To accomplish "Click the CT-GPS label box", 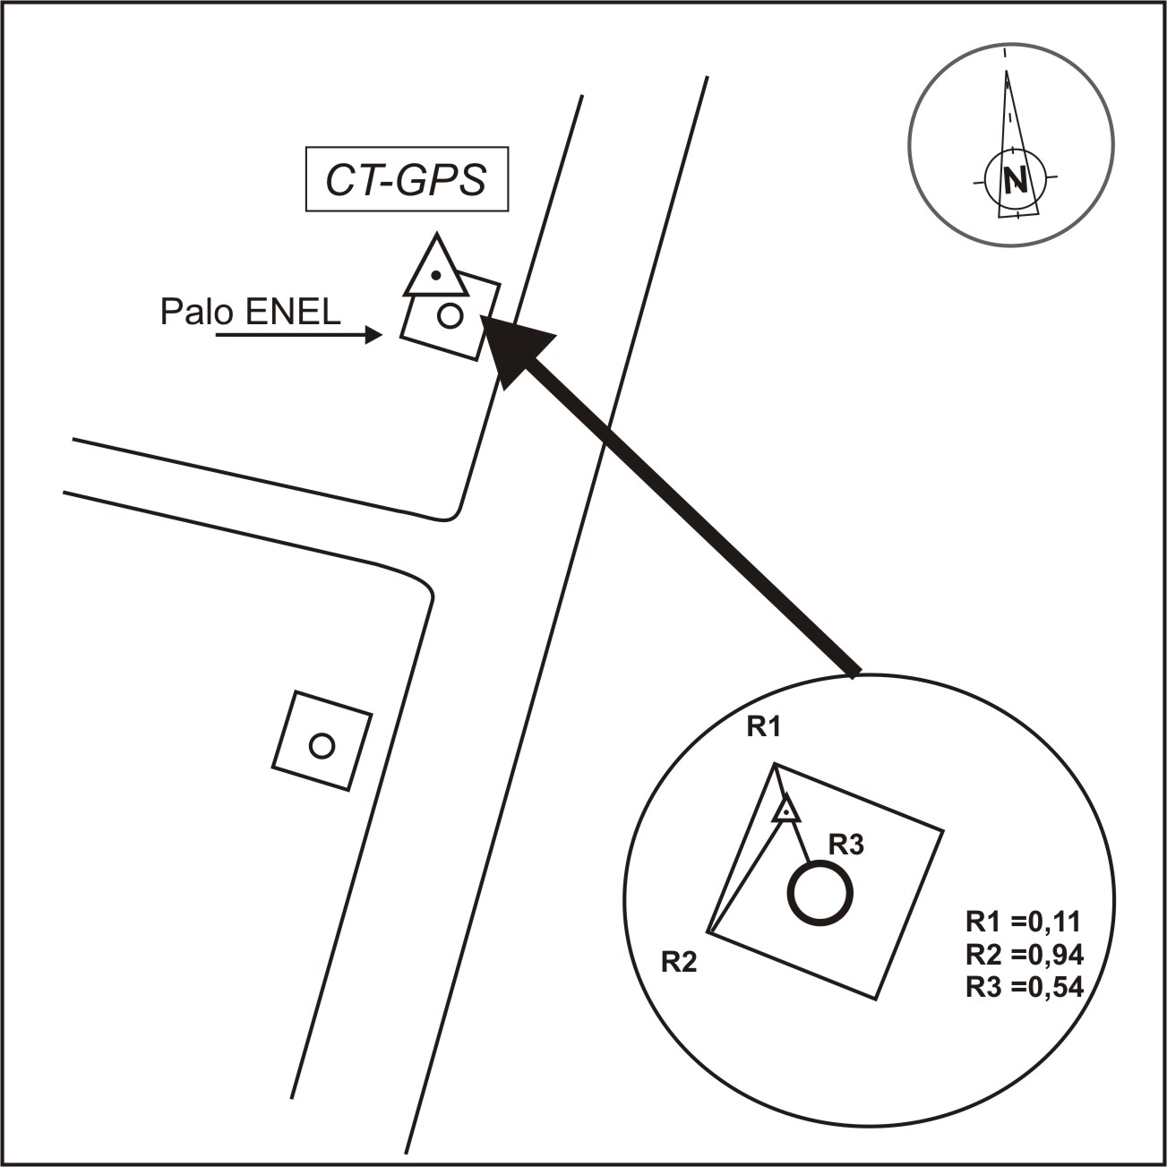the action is point(407,180).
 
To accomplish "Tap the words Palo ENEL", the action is point(250,312).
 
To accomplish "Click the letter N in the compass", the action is point(1016,181).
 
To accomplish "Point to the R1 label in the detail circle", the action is point(764,727).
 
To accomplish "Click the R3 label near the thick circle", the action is point(845,844).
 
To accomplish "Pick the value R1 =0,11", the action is point(1024,922).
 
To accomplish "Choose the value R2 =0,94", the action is point(1024,955).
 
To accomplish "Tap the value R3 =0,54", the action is point(1024,987).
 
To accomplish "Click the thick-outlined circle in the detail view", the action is point(819,893).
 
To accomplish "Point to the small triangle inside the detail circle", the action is point(785,810).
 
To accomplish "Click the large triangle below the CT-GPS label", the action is point(435,269).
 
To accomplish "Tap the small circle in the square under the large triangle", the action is point(450,315).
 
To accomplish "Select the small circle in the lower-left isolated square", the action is point(321,745).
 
